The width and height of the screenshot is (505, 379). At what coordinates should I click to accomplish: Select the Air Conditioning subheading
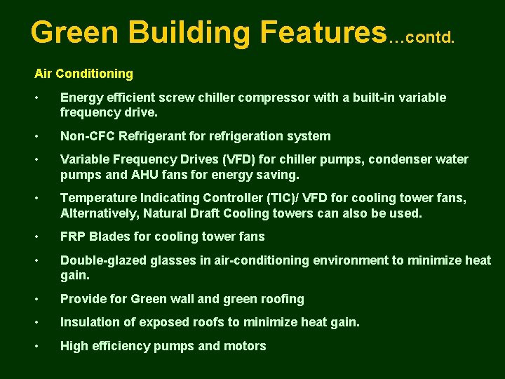pyautogui.click(x=83, y=73)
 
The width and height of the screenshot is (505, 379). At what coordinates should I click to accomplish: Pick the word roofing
pyautogui.click(x=281, y=299)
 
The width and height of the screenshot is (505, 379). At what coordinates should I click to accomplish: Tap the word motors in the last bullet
pyautogui.click(x=245, y=346)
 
